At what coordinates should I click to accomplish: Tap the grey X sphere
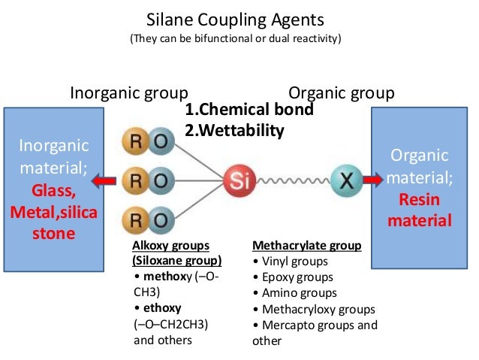click(345, 180)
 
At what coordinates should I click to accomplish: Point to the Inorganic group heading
click(128, 93)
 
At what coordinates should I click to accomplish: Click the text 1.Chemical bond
click(248, 110)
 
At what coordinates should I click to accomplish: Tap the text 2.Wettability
click(234, 131)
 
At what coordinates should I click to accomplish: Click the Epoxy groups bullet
click(292, 277)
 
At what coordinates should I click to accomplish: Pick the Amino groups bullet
click(294, 293)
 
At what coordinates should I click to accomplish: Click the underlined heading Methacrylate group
click(306, 246)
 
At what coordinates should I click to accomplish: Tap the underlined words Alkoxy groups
click(170, 246)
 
